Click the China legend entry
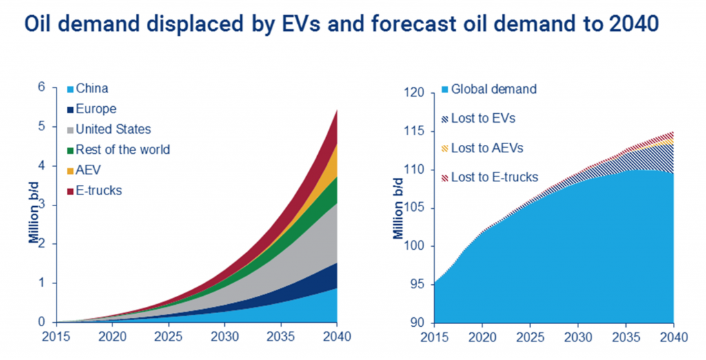click(x=91, y=88)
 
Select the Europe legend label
click(x=96, y=109)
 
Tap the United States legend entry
click(x=113, y=129)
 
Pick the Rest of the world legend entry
click(x=123, y=150)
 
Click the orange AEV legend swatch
click(x=70, y=170)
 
